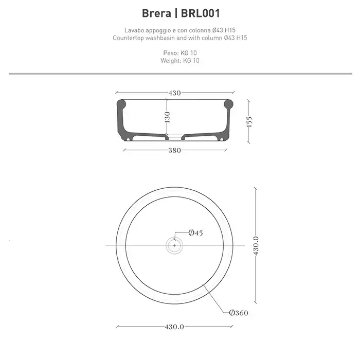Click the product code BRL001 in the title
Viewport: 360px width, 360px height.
[201, 13]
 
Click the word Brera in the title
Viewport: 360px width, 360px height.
[156, 13]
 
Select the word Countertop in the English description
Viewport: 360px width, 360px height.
[129, 38]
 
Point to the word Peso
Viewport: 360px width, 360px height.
[171, 53]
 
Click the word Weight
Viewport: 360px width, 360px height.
[171, 61]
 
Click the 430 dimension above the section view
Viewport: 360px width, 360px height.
[175, 93]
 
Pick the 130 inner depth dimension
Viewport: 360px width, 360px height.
[167, 117]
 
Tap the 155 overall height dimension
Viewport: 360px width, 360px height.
[249, 121]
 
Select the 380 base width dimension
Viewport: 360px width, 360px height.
[175, 150]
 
